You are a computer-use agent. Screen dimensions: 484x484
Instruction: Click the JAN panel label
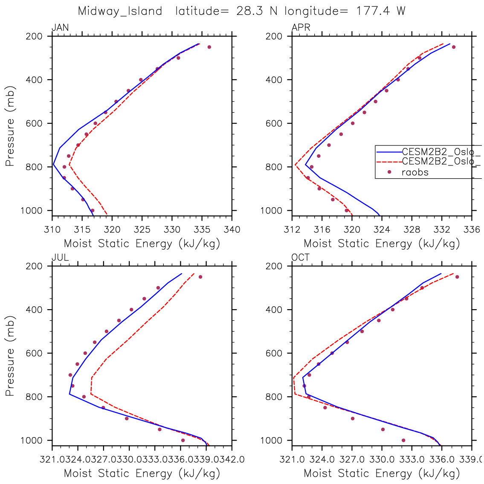pos(60,28)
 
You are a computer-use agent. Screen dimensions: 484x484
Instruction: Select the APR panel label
pos(301,28)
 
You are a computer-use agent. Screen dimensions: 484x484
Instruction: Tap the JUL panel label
pos(60,258)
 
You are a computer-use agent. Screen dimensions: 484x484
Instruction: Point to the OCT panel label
pos(301,258)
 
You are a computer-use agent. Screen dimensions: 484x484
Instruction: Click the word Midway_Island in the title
pos(120,11)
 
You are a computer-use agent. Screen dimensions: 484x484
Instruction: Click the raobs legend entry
pos(415,172)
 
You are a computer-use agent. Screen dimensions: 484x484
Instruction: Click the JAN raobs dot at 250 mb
pos(209,47)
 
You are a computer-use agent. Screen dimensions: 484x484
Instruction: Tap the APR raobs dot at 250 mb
pos(454,47)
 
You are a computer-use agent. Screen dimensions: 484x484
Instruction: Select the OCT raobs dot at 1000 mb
pos(403,440)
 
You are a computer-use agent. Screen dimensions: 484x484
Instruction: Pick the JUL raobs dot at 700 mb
pos(70,375)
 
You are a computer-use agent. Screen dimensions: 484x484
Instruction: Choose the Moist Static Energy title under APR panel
pos(382,244)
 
